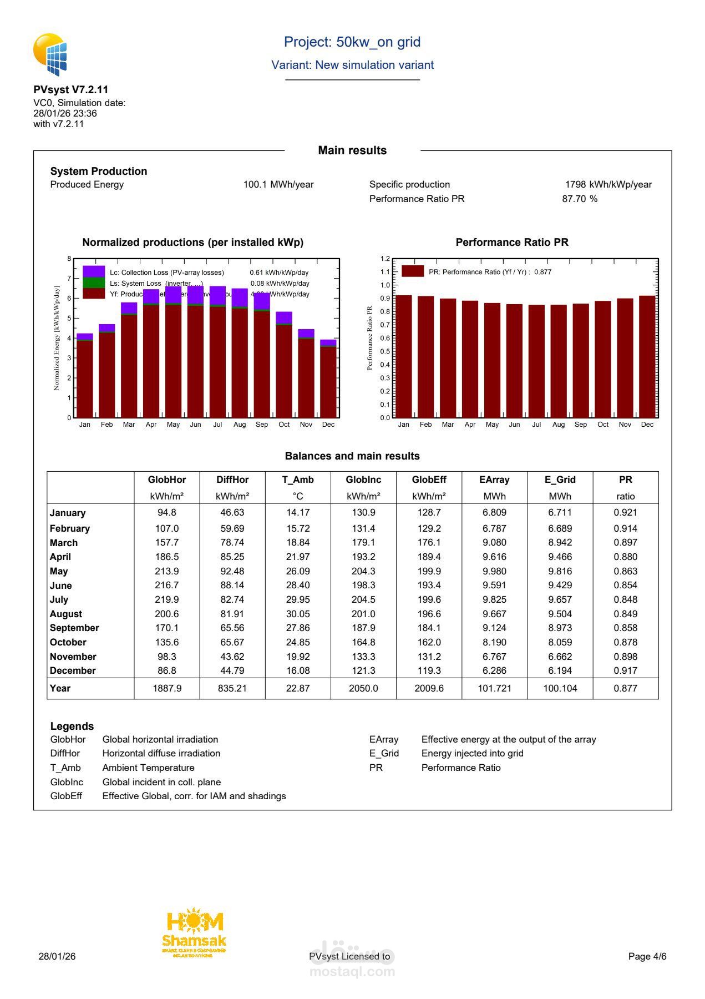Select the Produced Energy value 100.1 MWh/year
pyautogui.click(x=278, y=185)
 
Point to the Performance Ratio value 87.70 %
pyautogui.click(x=580, y=199)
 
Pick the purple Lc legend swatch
pyautogui.click(x=93, y=271)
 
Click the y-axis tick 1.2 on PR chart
pyautogui.click(x=385, y=259)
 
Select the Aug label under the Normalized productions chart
pyautogui.click(x=240, y=425)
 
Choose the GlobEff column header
pyautogui.click(x=429, y=480)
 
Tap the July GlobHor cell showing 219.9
pyautogui.click(x=166, y=600)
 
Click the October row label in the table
pyautogui.click(x=68, y=643)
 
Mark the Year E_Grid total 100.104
pyautogui.click(x=560, y=689)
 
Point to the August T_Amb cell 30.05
pyautogui.click(x=298, y=614)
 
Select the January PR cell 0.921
pyautogui.click(x=625, y=513)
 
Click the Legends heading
pyautogui.click(x=72, y=726)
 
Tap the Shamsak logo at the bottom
pyautogui.click(x=194, y=932)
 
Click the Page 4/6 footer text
pyautogui.click(x=647, y=956)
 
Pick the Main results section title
pyautogui.click(x=352, y=150)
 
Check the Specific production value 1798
pyautogui.click(x=575, y=185)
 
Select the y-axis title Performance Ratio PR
pyautogui.click(x=369, y=338)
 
